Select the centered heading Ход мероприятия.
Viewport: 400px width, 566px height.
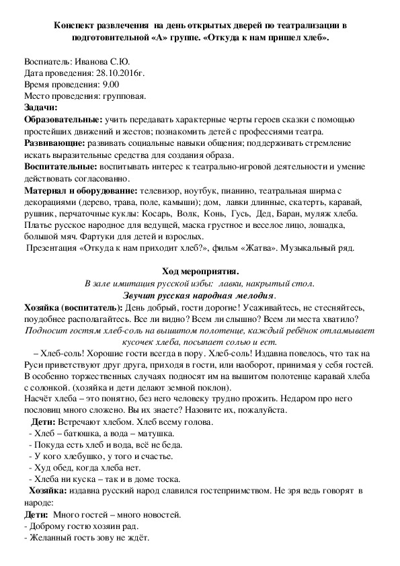coord(200,271)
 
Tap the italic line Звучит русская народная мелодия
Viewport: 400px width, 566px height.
coord(200,296)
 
